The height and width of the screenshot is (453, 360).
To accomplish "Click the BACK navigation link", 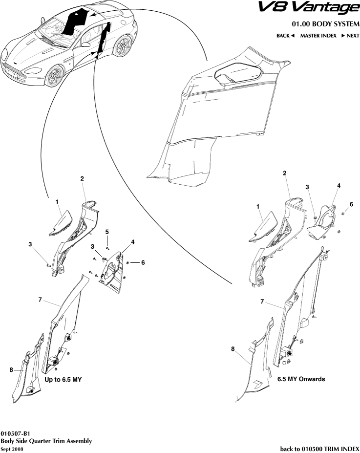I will point(285,36).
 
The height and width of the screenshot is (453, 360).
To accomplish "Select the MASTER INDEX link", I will point(318,36).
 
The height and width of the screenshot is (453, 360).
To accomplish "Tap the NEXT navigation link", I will point(350,36).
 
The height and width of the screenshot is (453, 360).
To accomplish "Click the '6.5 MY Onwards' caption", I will point(301,379).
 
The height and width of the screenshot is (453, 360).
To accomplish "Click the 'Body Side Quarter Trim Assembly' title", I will point(46,441).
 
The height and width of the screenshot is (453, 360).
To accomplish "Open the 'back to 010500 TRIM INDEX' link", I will point(319,449).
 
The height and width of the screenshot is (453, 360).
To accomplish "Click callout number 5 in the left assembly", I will point(107,231).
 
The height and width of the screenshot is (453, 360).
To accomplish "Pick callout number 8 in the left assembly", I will point(11,370).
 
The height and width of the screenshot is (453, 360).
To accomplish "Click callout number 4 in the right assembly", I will point(339,186).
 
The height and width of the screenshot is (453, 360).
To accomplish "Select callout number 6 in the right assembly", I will point(351,204).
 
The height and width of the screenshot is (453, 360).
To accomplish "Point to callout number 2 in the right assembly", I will point(284,173).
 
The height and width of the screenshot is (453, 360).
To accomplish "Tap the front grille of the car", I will point(15,73).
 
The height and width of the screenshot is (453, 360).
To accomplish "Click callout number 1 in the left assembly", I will point(57,201).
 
